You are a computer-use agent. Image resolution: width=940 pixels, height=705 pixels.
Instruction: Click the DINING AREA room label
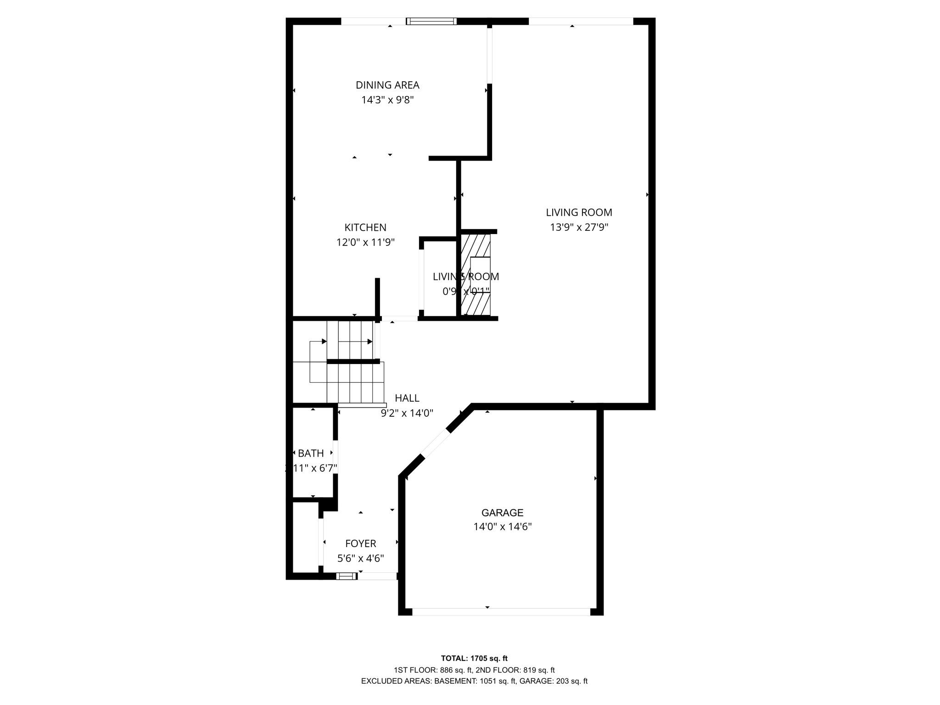[387, 85]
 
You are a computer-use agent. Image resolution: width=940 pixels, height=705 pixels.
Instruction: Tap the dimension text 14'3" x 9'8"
[387, 100]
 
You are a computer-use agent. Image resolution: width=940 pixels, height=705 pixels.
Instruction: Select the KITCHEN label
[365, 227]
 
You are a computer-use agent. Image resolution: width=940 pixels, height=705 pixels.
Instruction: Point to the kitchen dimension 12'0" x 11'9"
[365, 242]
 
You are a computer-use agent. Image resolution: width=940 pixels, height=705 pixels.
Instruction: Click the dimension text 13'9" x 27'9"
[579, 227]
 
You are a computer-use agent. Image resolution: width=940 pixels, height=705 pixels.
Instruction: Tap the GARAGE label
[502, 513]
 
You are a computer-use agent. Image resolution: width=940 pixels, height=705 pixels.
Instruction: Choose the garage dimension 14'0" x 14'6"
[502, 527]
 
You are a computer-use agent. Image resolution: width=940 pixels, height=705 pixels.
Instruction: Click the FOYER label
[361, 543]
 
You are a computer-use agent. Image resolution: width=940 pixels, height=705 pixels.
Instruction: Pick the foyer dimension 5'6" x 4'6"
[361, 559]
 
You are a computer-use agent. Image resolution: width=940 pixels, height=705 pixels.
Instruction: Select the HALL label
[407, 398]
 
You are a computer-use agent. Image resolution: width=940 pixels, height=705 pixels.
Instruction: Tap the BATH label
[311, 453]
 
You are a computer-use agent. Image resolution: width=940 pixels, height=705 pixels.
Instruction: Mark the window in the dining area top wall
[431, 21]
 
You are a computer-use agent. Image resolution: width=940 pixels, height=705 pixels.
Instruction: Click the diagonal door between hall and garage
[435, 444]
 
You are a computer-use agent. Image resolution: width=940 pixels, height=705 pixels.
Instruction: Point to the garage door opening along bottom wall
[501, 612]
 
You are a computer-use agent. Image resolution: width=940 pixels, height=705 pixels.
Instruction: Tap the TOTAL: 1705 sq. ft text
[474, 658]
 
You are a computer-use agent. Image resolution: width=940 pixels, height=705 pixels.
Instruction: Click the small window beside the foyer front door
[347, 576]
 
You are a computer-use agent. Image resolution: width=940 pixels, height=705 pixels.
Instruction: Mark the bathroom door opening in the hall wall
[336, 457]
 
